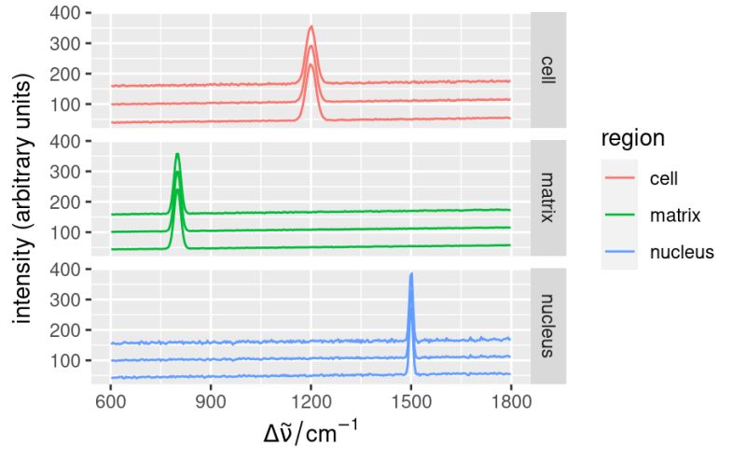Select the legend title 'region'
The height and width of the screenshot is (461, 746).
632,139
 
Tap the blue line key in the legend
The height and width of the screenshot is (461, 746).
619,252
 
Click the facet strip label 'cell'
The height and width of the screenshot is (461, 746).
547,70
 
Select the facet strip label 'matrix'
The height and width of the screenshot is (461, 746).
547,198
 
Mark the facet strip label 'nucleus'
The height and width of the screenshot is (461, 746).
547,325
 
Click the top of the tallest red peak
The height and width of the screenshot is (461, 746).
311,27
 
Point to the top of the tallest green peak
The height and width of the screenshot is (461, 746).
177,154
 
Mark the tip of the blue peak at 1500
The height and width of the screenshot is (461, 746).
411,274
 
